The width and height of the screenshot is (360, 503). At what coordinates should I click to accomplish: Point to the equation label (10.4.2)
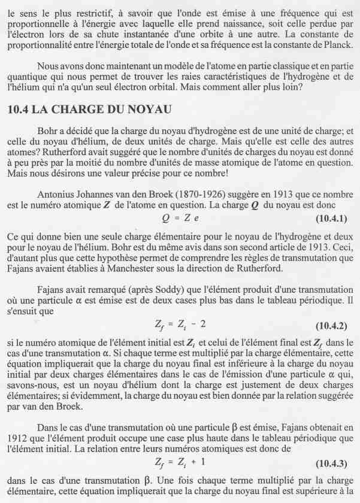pyautogui.click(x=331, y=325)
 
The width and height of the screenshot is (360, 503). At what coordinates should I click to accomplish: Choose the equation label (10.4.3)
pyautogui.click(x=331, y=465)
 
